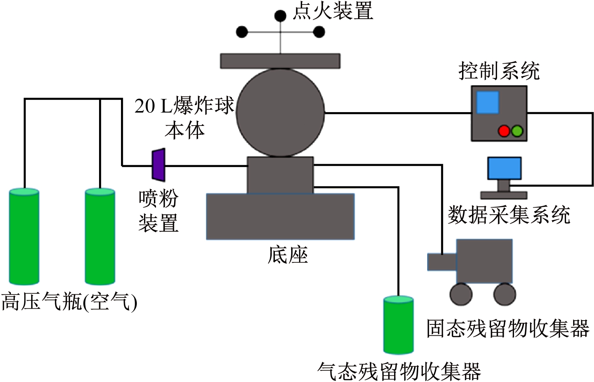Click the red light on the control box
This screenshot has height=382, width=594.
[x=504, y=131]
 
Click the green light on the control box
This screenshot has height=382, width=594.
[x=517, y=131]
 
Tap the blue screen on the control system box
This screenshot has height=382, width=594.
[x=488, y=103]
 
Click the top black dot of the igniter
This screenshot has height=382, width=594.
[x=281, y=16]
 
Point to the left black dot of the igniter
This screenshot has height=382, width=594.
[x=242, y=32]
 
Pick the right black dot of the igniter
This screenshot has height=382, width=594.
[x=319, y=32]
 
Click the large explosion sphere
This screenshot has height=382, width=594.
[x=280, y=112]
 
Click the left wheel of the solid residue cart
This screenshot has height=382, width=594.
[x=461, y=294]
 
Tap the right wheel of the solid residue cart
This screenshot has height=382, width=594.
[x=504, y=294]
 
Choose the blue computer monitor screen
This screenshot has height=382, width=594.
[x=504, y=168]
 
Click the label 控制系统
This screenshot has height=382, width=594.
[x=499, y=71]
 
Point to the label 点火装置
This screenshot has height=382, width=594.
[x=333, y=11]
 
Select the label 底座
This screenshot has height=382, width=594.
[x=288, y=255]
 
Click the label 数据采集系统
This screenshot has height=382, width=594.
[x=509, y=215]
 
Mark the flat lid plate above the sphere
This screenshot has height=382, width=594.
[x=280, y=61]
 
